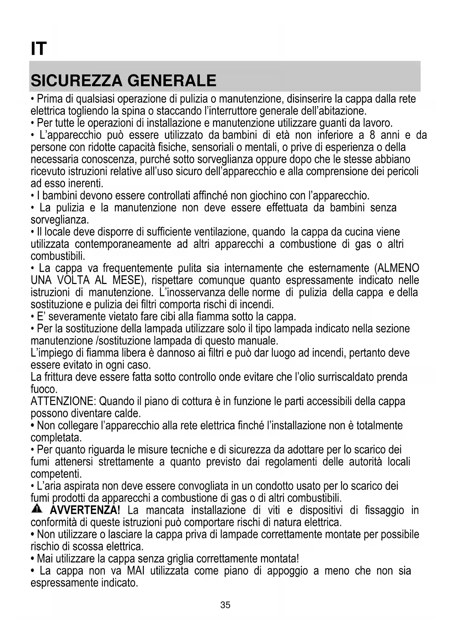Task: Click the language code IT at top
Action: tap(39, 49)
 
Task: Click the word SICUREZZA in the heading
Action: tap(76, 81)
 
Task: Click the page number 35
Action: tap(225, 605)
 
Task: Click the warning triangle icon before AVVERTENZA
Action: tap(37, 509)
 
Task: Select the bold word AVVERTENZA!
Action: tap(85, 510)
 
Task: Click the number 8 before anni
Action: tap(373, 135)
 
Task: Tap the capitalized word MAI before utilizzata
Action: tap(136, 571)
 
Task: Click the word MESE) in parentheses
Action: tap(126, 280)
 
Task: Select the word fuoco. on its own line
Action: tap(44, 389)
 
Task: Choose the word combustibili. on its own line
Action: tap(58, 256)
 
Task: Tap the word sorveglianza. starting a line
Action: tap(60, 220)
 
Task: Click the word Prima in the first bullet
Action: tap(48, 99)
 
